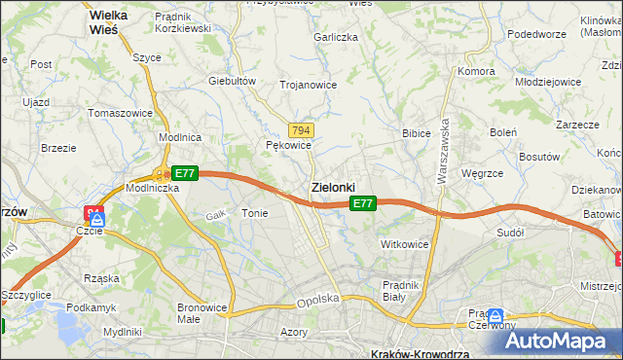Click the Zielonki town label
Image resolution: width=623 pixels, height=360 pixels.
333,186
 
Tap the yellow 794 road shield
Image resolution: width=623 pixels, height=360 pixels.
301,130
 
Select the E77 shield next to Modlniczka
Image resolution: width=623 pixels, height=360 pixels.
185,173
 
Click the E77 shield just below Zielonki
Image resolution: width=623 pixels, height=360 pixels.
362,203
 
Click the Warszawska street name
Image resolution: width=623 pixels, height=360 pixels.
444,147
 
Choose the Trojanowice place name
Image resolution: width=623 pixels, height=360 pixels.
308,85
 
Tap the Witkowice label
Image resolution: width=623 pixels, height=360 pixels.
405,244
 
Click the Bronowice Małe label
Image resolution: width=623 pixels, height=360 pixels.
202,313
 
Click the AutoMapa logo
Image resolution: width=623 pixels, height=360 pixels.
564,341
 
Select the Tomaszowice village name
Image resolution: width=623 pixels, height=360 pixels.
120,113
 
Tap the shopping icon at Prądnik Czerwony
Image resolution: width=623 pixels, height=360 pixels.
495,316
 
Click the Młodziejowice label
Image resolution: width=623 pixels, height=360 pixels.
548,82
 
